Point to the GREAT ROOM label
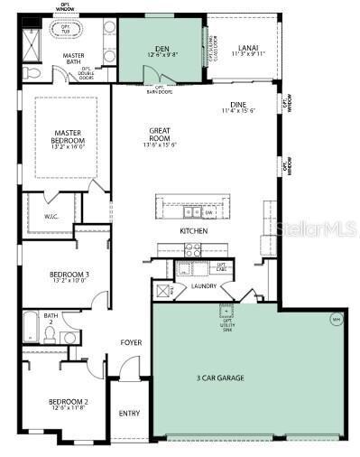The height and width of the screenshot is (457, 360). pos(159,136)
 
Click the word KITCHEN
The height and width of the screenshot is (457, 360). pos(193,231)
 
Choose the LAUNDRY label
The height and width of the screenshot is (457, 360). pos(204,286)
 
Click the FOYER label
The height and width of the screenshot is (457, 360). pos(131,343)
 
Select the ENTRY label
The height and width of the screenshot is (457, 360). pos(129,414)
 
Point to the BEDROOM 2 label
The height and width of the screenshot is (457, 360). pos(68,402)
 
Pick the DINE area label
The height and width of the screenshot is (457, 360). pos(238,107)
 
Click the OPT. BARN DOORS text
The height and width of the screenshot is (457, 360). pos(161,91)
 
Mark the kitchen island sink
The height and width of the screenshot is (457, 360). pos(192,213)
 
